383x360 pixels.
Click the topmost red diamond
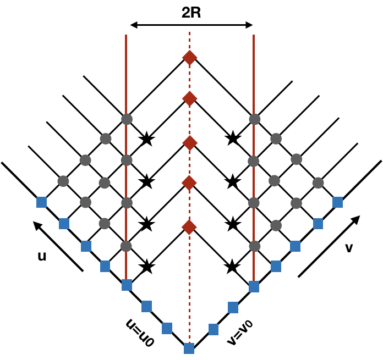tap(189, 58)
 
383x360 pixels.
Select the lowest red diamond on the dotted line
tap(189, 227)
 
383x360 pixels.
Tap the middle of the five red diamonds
tap(189, 143)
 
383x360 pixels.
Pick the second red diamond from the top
tap(189, 99)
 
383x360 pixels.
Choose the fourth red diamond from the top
tap(189, 183)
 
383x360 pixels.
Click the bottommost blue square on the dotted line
tap(189, 348)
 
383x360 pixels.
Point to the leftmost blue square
tap(41, 202)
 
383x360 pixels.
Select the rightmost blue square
tap(337, 202)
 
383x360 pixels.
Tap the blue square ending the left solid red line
tap(127, 285)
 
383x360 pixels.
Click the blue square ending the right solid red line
tap(254, 286)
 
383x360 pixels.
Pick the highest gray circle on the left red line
tap(127, 119)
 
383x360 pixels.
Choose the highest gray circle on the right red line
tap(254, 119)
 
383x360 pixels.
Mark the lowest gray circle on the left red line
tap(126, 246)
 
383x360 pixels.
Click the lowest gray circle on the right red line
tap(254, 246)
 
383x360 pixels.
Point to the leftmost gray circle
tap(63, 181)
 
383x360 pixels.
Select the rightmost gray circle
tap(318, 183)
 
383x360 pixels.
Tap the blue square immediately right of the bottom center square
tap(214, 329)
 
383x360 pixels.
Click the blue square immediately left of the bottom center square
tap(167, 328)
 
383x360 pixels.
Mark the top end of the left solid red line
tap(126, 35)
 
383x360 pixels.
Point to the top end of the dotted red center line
tap(189, 32)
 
